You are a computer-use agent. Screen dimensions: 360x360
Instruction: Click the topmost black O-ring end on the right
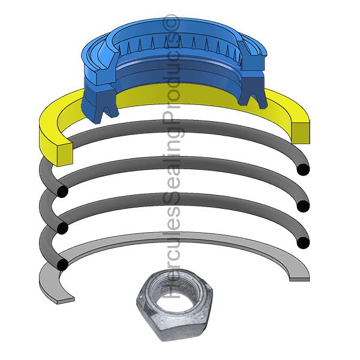pos(304,170)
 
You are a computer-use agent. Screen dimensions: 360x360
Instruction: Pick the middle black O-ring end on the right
pos(304,206)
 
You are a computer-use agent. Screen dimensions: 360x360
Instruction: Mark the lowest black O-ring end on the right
pos(303,242)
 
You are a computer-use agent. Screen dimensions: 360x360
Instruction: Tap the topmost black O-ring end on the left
pos(61,191)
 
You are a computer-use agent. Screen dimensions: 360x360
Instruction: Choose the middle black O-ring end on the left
pos(61,228)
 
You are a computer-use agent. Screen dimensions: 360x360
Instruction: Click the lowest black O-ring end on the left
pos(61,265)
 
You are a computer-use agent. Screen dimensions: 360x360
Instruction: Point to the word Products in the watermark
pos(173,72)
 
